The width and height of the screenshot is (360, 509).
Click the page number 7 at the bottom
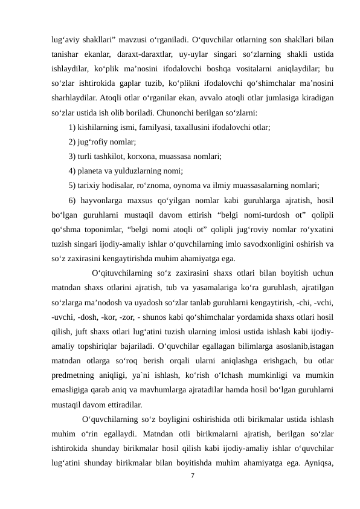pyautogui.click(x=192, y=478)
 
